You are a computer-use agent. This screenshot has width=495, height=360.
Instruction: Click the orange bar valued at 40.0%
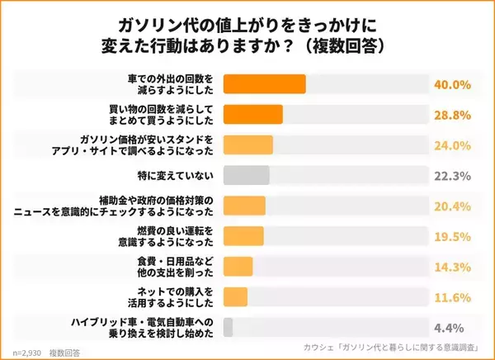[264, 84]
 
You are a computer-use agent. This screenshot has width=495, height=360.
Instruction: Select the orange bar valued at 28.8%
[253, 115]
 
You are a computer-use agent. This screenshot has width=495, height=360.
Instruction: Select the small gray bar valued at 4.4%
[229, 326]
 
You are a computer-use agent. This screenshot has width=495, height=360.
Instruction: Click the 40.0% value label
[452, 84]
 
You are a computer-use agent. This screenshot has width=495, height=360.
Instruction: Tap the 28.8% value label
[452, 115]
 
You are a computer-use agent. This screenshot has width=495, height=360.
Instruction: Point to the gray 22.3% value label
[452, 175]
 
